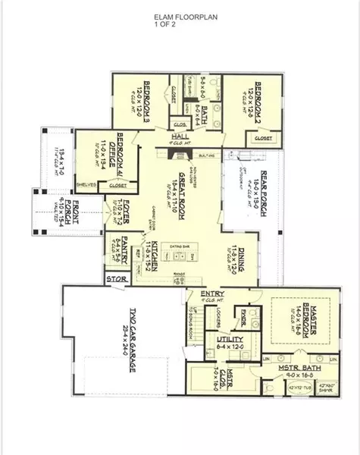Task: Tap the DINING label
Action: coord(242,258)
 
